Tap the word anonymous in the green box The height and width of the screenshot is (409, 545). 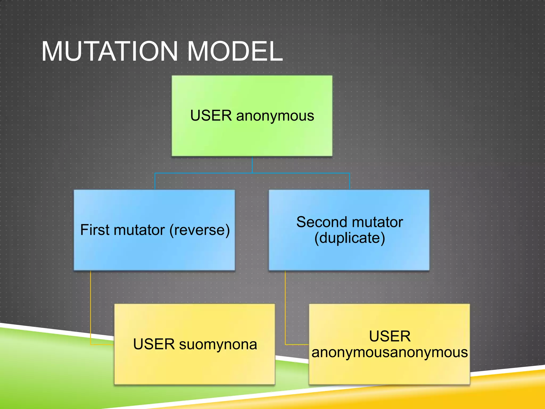275,116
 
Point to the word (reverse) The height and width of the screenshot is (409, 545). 200,230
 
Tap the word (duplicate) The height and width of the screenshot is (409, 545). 349,238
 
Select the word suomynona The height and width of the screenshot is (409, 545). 218,344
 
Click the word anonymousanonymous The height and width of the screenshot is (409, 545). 390,352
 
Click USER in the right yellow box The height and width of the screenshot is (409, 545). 390,336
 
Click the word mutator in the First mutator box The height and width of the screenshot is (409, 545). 139,230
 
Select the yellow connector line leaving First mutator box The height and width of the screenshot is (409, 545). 90,306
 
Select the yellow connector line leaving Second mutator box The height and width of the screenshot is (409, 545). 285,306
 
